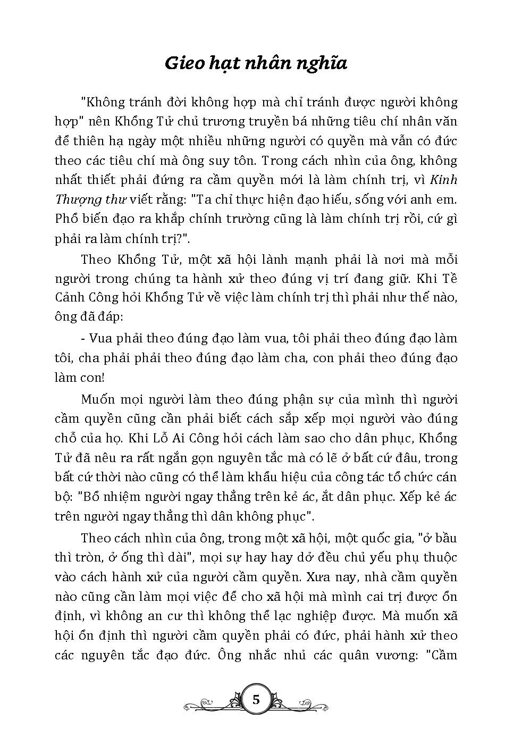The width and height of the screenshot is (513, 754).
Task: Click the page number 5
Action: pyautogui.click(x=256, y=699)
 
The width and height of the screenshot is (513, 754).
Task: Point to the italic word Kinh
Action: pyautogui.click(x=443, y=180)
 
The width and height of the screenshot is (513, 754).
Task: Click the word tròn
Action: pyautogui.click(x=88, y=558)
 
